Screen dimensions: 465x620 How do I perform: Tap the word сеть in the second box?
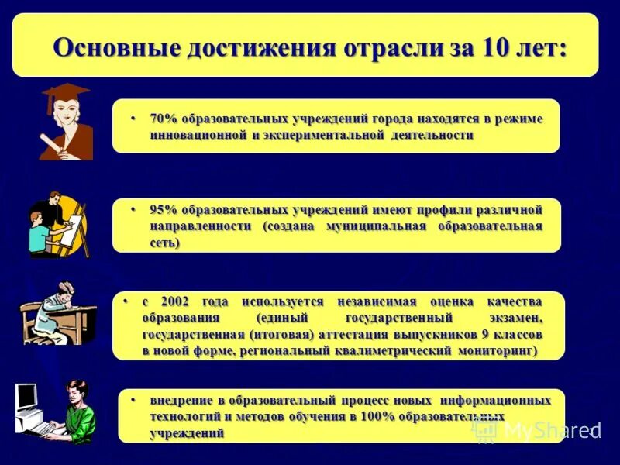(165, 243)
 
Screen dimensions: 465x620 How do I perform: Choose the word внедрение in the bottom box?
(177, 400)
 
